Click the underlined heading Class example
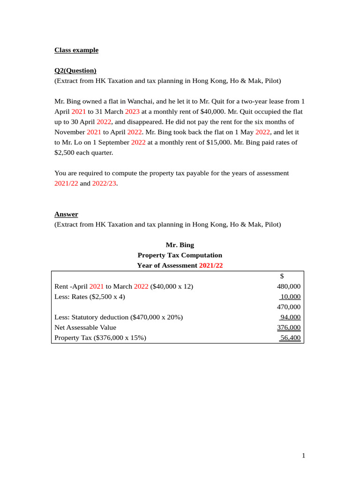click(76, 50)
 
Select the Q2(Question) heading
click(75, 71)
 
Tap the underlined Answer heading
click(66, 214)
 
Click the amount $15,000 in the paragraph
click(218, 142)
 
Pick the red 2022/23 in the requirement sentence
click(104, 183)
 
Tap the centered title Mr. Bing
click(180, 245)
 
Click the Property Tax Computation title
click(180, 255)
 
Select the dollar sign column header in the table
click(282, 276)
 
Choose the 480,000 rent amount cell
click(289, 286)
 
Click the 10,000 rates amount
click(290, 297)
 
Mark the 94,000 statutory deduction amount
click(290, 317)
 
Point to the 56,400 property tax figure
click(290, 338)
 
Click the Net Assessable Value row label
click(85, 328)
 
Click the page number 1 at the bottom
click(303, 456)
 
